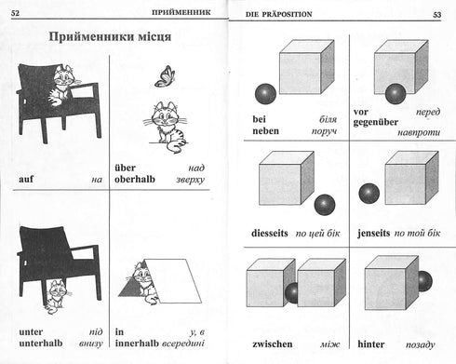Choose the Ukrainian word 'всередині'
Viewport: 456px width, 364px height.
tap(182, 344)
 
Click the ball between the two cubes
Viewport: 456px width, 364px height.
tap(292, 293)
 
